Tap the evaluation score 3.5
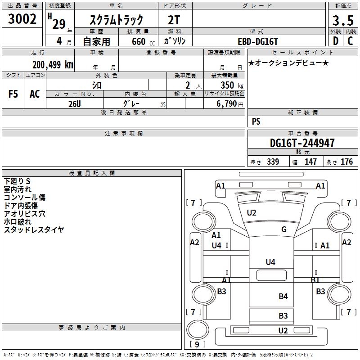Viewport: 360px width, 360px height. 342,21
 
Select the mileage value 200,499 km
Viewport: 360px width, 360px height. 53,65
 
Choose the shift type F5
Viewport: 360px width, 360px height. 13,94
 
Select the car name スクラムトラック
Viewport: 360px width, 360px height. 116,20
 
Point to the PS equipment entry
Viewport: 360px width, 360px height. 256,121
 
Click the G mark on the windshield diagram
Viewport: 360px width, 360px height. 284,229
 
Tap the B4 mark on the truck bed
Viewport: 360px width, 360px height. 283,296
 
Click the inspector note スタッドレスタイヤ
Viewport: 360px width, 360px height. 34,230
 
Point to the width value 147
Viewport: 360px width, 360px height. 310,162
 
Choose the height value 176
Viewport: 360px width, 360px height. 346,162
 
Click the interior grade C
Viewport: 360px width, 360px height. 350,41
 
